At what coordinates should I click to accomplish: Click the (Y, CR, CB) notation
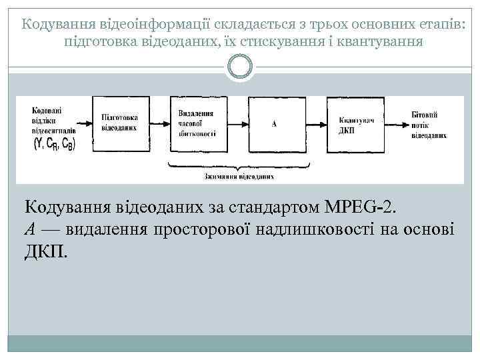54,143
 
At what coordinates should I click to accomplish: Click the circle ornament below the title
240,66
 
